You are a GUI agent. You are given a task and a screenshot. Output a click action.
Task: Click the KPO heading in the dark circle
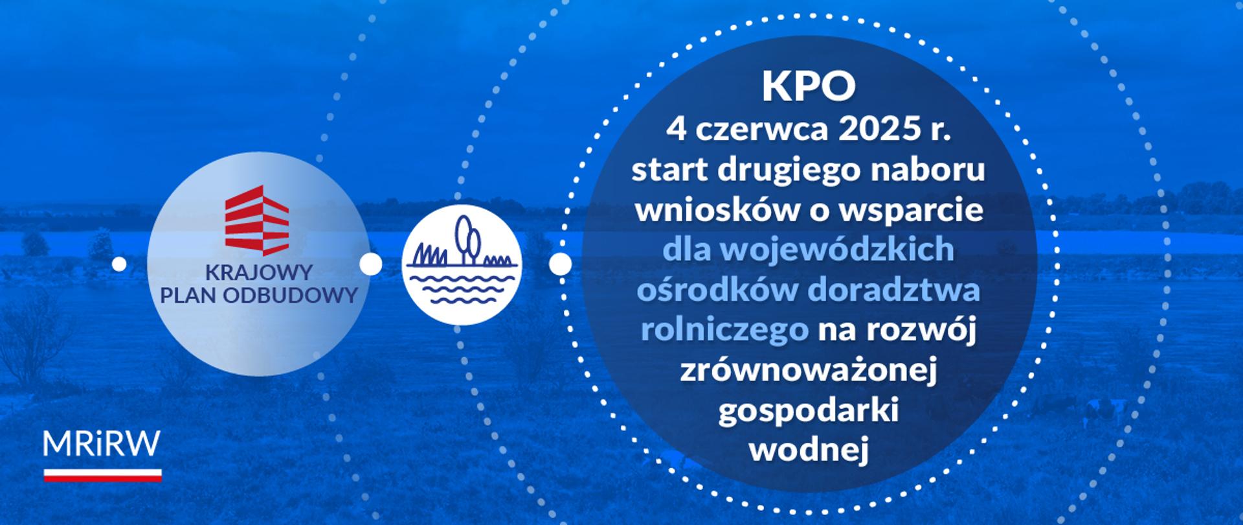(x=809, y=88)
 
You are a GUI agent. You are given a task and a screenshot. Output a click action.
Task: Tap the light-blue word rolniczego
(x=724, y=330)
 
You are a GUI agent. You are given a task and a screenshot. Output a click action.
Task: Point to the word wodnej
(x=809, y=450)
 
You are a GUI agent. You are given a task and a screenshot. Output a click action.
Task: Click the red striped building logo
(x=256, y=220)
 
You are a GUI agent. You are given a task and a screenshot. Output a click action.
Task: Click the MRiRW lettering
(x=102, y=445)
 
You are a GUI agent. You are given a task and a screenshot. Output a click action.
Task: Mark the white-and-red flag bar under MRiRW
(x=102, y=475)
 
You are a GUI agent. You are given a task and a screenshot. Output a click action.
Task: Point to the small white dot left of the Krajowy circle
(x=119, y=264)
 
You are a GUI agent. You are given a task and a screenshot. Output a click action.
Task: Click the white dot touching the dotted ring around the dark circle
(x=561, y=264)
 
